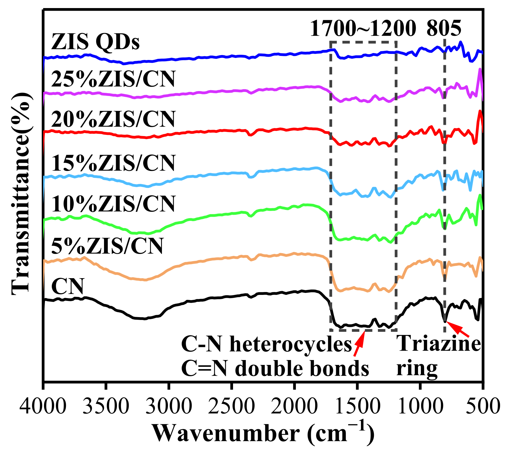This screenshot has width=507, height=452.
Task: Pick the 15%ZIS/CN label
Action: pos(113,163)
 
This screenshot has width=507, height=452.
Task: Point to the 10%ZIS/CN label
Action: pos(113,204)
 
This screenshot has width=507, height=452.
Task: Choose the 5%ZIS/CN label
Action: pos(107,246)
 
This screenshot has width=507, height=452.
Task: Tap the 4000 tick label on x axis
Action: pos(43,407)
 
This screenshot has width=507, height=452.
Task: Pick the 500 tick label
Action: pos(482,407)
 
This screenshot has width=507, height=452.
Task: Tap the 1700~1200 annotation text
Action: pos(363,29)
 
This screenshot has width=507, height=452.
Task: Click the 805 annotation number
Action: pos(444,29)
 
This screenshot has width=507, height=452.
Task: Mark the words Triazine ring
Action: pos(438,356)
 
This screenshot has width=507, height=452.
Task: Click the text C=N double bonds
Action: pos(275,369)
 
